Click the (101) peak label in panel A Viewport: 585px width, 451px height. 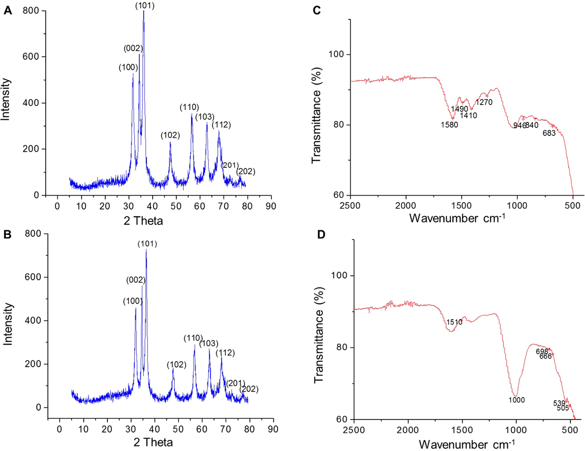point(145,6)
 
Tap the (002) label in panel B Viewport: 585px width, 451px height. point(136,280)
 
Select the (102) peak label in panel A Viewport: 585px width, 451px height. point(170,135)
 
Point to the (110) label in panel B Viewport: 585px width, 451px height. point(193,338)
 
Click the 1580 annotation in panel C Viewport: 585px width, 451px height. point(450,125)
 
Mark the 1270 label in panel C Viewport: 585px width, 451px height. point(484,103)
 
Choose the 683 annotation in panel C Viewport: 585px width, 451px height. point(549,133)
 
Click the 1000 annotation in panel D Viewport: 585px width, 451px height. point(517,400)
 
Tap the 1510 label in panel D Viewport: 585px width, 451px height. point(454,322)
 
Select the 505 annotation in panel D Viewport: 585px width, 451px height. point(563,408)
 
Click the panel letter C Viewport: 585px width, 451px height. point(317,11)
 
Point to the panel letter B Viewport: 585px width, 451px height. point(7,234)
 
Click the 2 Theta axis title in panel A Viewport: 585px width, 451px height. point(143,221)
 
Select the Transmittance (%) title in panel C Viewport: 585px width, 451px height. point(316,115)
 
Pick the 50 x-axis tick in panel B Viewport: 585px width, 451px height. point(178,429)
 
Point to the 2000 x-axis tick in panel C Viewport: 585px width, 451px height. point(406,205)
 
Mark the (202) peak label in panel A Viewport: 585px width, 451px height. point(246,172)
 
